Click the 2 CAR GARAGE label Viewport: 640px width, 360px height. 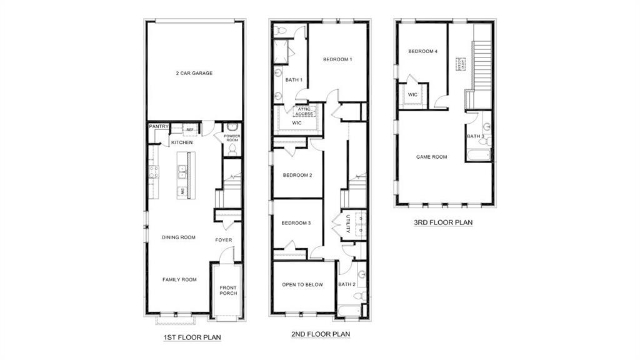194,73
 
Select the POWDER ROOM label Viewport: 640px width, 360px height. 232,138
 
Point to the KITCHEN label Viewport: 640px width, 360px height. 181,142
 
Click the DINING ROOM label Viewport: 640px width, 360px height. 179,237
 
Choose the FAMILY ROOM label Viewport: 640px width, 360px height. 179,279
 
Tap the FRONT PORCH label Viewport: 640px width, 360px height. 228,291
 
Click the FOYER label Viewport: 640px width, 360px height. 224,240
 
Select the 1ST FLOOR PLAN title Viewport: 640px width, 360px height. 189,337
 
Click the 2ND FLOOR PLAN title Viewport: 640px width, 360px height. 321,334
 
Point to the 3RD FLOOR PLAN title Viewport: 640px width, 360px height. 443,222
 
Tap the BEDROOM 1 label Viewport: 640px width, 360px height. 337,59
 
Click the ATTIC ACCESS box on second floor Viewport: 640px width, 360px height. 304,111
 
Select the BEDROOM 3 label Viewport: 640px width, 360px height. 296,223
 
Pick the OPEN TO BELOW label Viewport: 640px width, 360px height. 302,284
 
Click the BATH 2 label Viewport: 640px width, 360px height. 346,284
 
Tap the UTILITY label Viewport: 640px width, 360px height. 347,224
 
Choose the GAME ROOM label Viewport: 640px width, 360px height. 432,157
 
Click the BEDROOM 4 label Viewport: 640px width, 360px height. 422,51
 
